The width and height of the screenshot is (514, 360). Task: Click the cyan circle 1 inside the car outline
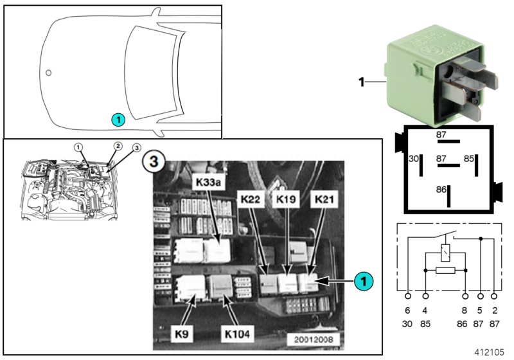click(117, 119)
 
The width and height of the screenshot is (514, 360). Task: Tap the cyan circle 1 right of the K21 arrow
click(364, 280)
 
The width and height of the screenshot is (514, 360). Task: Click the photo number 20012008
click(315, 339)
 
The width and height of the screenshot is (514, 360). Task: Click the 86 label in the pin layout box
click(441, 190)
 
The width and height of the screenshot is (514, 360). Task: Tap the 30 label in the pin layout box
click(414, 157)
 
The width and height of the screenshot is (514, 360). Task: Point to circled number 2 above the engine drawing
click(118, 146)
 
